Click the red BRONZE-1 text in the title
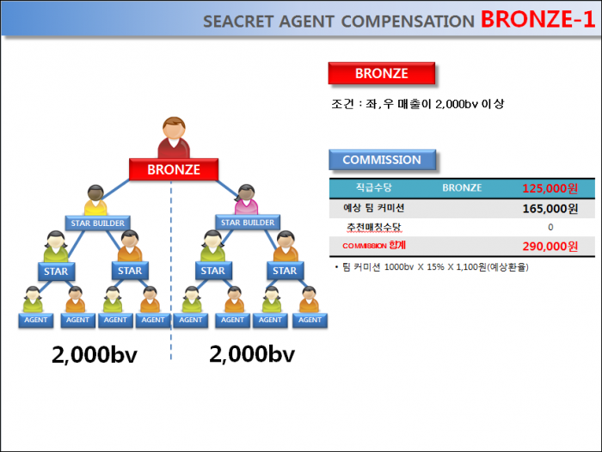(537, 19)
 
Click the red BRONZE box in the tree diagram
(174, 169)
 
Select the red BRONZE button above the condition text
(382, 73)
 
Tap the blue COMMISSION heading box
(383, 160)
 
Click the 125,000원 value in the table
(550, 188)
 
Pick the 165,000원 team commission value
(550, 209)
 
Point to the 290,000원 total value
(550, 247)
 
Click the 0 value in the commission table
(550, 228)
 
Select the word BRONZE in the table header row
(462, 187)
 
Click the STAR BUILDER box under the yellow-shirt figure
(97, 223)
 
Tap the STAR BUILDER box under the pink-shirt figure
(248, 223)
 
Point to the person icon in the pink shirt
(246, 199)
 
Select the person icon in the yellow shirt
(95, 200)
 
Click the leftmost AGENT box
(36, 320)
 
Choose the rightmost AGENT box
(310, 320)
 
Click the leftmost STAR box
(56, 272)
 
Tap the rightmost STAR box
(285, 271)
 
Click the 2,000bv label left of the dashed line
(95, 355)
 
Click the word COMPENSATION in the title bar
(408, 21)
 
